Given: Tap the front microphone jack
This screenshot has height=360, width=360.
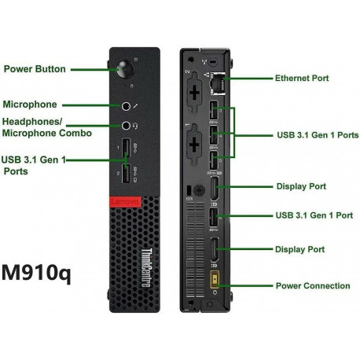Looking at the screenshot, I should click(126, 105).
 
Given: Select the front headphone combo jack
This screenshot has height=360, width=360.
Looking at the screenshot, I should click(126, 124).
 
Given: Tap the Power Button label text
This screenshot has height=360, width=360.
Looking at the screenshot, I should click(46, 69).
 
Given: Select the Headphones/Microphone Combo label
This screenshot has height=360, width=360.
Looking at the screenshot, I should click(47, 127).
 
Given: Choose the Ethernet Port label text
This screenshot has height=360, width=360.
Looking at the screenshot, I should click(302, 79).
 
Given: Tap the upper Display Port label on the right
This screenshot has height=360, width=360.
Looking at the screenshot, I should click(300, 187).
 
